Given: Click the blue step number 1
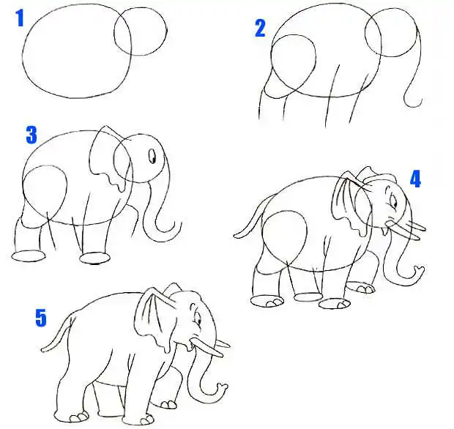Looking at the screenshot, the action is coord(20,18).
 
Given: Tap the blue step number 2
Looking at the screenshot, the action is coord(260,28).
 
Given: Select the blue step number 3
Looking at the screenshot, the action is coord(31,135).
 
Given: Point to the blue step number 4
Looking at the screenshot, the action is coord(415,179).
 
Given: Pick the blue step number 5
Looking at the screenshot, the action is coord(41,318).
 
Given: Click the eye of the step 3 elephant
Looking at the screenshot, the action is coord(152,156).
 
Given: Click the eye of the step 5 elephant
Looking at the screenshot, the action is coord(198,320).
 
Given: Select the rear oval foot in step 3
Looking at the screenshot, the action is coord(29,256).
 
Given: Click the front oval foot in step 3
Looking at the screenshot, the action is coord(94,258).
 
